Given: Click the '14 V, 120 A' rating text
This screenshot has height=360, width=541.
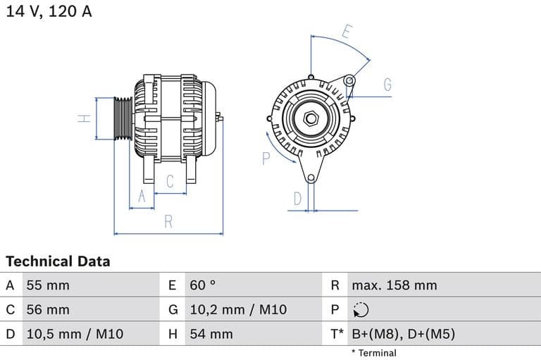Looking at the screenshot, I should click(49, 11).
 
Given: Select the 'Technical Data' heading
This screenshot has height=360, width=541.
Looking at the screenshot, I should click(58, 261).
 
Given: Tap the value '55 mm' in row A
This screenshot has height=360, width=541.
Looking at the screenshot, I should click(48, 285).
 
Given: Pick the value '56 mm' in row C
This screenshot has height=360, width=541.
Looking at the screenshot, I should click(48, 309).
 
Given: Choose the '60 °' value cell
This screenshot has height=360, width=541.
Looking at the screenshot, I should click(202, 285).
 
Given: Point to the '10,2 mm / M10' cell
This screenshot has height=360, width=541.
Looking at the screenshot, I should click(238, 309).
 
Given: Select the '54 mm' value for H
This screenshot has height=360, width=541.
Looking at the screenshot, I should click(211, 334).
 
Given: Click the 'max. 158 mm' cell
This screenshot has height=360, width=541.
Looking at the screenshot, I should click(394, 285).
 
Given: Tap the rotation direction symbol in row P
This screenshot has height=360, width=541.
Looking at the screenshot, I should click(360, 310).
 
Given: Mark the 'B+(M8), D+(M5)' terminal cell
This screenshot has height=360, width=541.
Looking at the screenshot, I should click(403, 334).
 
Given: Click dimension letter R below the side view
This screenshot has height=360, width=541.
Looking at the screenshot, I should click(168, 221).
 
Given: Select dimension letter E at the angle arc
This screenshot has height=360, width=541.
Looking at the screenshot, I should click(347, 32).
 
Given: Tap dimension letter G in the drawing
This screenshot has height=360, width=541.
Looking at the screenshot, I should click(387, 85).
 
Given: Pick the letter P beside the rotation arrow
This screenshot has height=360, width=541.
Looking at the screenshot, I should click(266, 159).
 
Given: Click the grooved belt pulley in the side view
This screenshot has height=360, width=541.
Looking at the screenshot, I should click(123, 118).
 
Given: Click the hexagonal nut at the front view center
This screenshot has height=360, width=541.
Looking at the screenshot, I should click(311, 118).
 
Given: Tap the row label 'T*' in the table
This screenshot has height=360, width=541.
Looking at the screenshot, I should click(337, 334).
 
